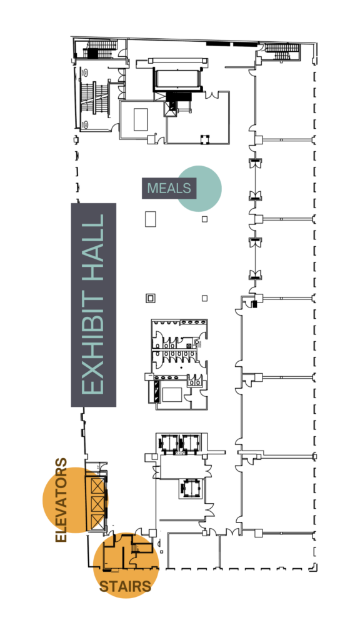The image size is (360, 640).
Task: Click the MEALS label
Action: (x=169, y=188)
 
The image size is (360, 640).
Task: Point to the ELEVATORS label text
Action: (x=61, y=500)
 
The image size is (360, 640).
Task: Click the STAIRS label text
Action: (x=125, y=586)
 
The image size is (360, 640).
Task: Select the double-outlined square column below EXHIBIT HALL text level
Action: (x=150, y=298)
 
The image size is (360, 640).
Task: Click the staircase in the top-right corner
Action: (x=282, y=51)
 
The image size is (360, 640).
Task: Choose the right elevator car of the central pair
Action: (x=189, y=443)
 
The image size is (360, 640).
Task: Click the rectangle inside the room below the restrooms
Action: (x=172, y=396)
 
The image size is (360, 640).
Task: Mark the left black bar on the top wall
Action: (x=218, y=43)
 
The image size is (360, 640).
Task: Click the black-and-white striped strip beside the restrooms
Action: (x=156, y=392)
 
